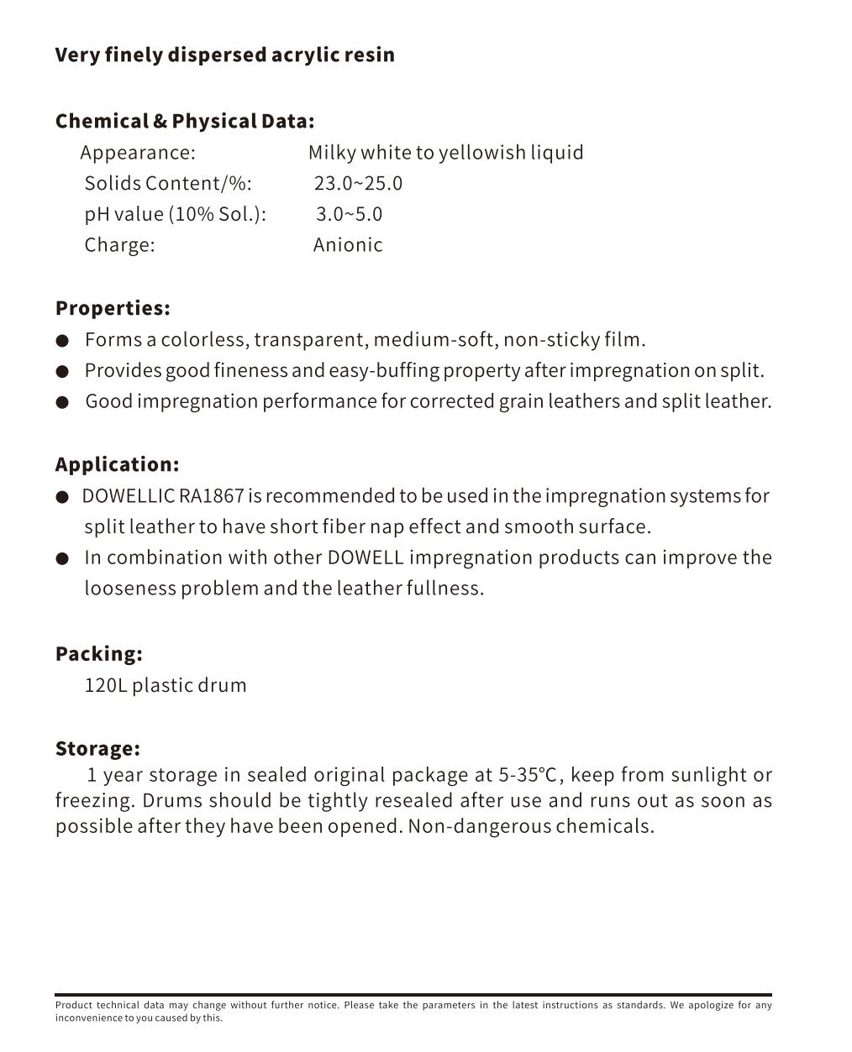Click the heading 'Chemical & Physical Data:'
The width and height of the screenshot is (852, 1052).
185,122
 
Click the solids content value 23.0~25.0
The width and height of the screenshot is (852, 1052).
358,184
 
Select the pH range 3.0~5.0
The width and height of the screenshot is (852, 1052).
349,215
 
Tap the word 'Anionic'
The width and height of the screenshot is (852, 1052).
348,245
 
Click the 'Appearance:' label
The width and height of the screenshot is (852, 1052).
138,153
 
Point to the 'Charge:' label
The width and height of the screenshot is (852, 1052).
119,245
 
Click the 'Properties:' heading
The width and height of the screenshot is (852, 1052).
113,308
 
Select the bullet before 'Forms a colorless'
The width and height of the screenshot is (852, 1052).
62,341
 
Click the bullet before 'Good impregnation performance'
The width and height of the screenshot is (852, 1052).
62,402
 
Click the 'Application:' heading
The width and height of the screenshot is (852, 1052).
117,464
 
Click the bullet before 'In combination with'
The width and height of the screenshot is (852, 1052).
62,558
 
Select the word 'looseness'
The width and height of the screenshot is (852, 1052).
129,589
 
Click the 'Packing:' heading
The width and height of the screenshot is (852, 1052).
98,654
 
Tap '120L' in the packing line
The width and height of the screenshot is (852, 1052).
105,685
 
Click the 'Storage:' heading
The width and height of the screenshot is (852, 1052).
97,749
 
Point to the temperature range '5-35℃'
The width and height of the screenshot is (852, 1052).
528,775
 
